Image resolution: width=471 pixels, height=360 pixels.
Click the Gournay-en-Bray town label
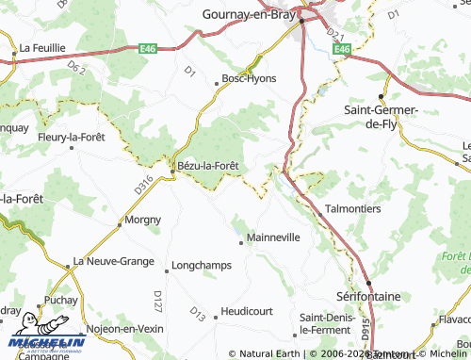click(249, 14)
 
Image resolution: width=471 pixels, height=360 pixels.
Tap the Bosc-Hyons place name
click(249, 78)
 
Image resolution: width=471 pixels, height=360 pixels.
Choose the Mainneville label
click(272, 237)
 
